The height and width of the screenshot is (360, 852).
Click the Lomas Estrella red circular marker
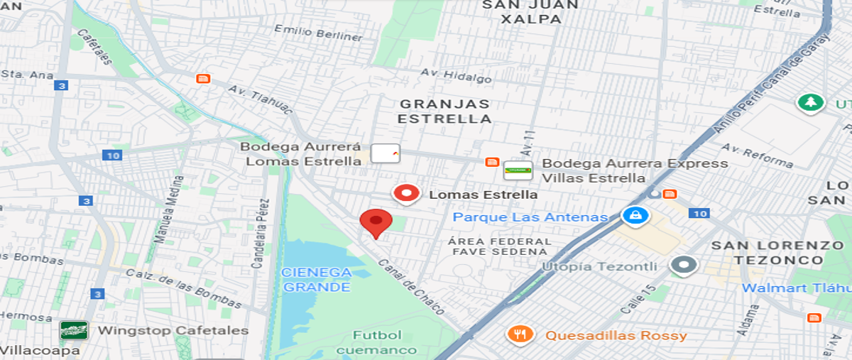pyautogui.click(x=406, y=194)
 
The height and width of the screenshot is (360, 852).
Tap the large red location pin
pyautogui.click(x=376, y=223)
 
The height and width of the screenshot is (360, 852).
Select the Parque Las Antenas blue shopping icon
pyautogui.click(x=635, y=215)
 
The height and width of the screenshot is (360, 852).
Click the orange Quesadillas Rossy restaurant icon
pyautogui.click(x=520, y=334)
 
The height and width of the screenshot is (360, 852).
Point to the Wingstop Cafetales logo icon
pyautogui.click(x=74, y=330)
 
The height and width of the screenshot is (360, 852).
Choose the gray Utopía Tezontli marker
pyautogui.click(x=684, y=266)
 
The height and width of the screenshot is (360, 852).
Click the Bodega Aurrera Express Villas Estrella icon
pyautogui.click(x=518, y=170)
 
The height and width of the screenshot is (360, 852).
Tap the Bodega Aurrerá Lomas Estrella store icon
pyautogui.click(x=386, y=153)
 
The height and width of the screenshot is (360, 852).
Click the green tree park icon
pyautogui.click(x=809, y=102)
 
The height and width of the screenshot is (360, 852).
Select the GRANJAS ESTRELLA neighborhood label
pyautogui.click(x=444, y=111)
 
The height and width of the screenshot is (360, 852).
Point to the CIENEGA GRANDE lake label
pyautogui.click(x=317, y=280)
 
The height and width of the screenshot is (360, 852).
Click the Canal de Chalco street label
pyautogui.click(x=412, y=286)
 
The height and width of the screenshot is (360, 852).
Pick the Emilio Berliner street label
pyautogui.click(x=319, y=33)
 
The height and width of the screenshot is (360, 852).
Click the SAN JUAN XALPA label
pyautogui.click(x=530, y=12)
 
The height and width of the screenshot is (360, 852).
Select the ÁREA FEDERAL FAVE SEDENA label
pyautogui.click(x=501, y=246)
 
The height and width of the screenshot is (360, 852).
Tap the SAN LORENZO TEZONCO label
pyautogui.click(x=778, y=252)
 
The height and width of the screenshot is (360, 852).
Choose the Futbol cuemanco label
pyautogui.click(x=377, y=342)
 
